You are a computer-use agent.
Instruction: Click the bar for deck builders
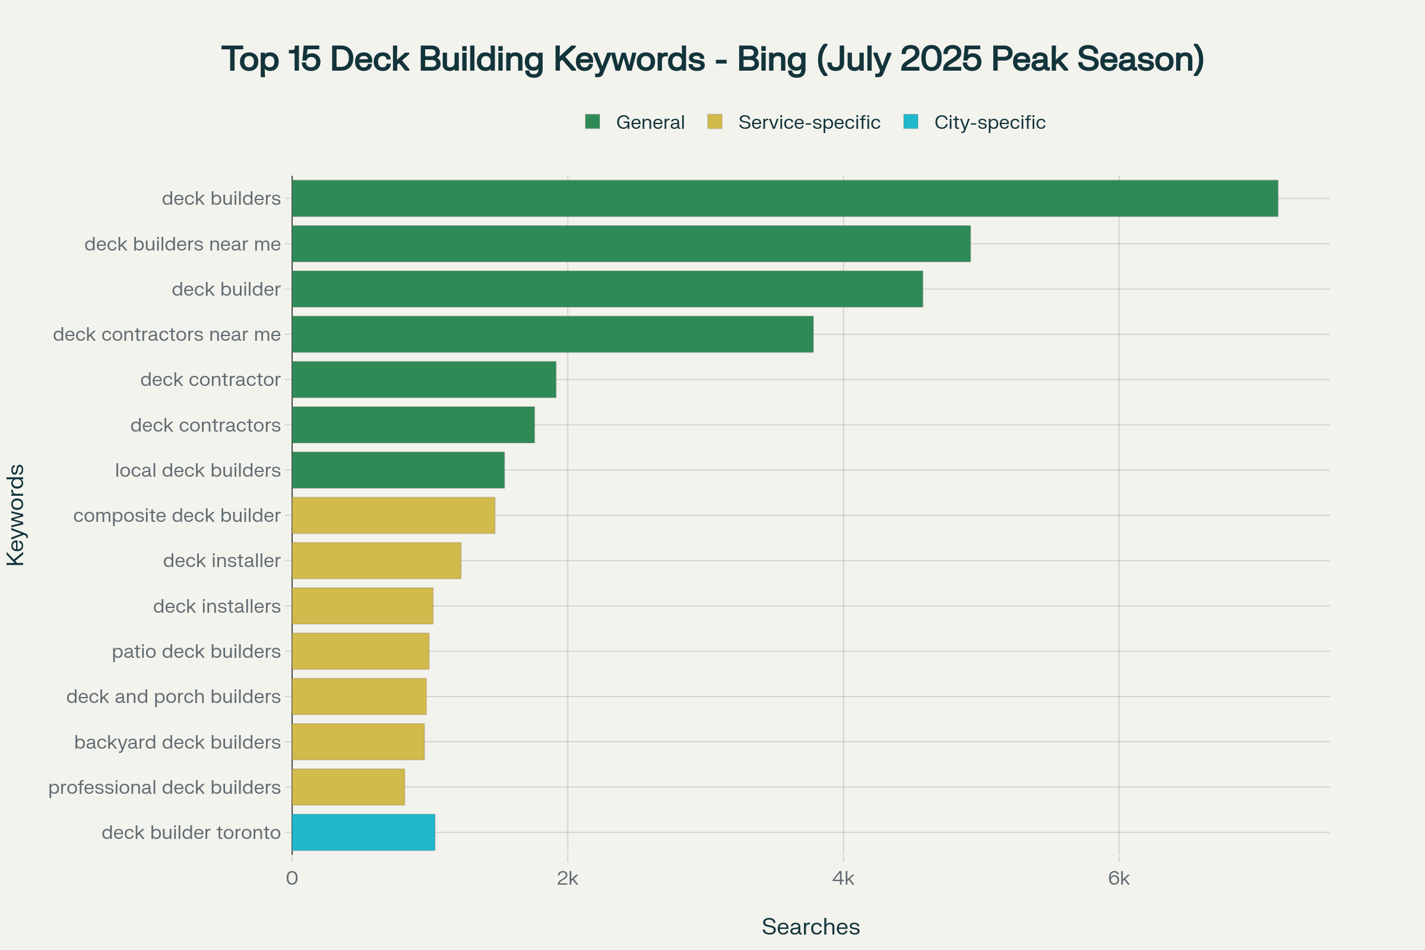[x=784, y=198]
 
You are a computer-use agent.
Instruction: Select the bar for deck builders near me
[x=631, y=243]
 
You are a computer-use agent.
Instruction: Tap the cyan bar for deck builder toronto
[x=363, y=832]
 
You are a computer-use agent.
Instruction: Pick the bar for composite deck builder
[x=393, y=515]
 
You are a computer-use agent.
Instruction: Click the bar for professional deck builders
[x=349, y=787]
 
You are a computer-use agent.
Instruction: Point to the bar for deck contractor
[x=424, y=380]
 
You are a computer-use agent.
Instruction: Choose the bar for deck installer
[x=376, y=560]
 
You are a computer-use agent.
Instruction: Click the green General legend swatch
[x=593, y=122]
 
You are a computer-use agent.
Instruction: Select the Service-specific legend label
[x=809, y=122]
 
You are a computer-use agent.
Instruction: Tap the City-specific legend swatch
[x=911, y=122]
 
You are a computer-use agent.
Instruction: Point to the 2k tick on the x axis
[x=568, y=879]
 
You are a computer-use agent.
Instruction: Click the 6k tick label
[x=1119, y=879]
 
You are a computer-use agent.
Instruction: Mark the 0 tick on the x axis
[x=292, y=879]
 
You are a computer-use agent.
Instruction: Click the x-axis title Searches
[x=810, y=927]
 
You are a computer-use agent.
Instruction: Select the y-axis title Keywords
[x=16, y=515]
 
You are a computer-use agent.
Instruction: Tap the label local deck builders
[x=198, y=470]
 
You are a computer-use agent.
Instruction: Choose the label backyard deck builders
[x=177, y=742]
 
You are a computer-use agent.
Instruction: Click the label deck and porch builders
[x=173, y=696]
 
